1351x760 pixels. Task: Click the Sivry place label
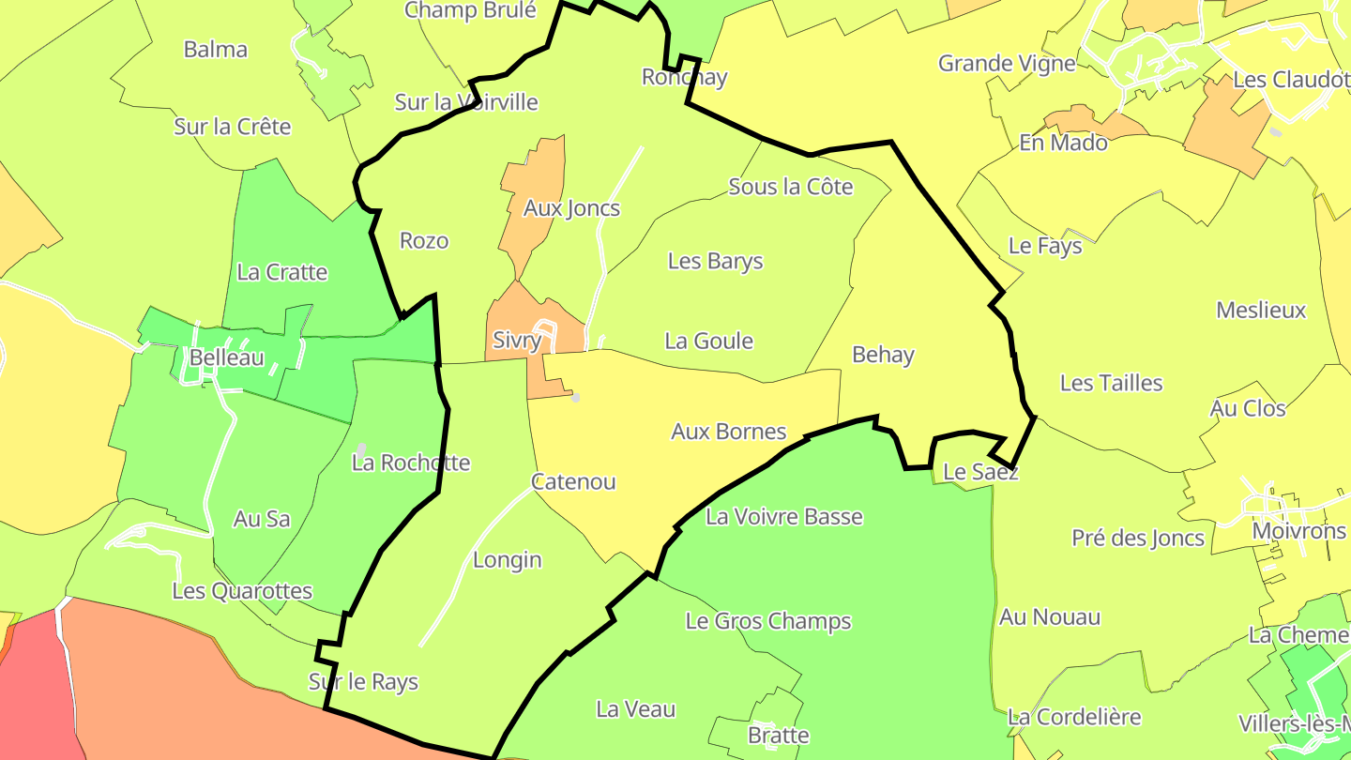coord(517,341)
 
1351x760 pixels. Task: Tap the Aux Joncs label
coord(571,208)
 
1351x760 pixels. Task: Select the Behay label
coord(883,355)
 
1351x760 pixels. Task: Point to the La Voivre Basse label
coord(783,516)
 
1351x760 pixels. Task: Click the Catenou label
coord(573,482)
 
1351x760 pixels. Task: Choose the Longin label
coord(507,560)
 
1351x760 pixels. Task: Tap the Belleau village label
coord(226,357)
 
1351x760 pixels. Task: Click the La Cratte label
coord(281,272)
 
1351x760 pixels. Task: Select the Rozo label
coord(424,241)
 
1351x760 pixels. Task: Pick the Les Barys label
coord(715,261)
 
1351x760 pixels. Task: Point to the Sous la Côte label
coord(791,187)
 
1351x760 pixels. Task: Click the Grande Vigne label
coord(1007,64)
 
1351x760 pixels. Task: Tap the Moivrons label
coord(1298,531)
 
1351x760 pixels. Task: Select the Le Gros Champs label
coord(768,621)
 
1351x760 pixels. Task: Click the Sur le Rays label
coord(363,682)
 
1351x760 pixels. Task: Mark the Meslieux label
coord(1260,310)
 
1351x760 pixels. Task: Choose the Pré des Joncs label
coord(1138,538)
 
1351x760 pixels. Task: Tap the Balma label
coord(216,50)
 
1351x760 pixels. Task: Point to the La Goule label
coord(708,341)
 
